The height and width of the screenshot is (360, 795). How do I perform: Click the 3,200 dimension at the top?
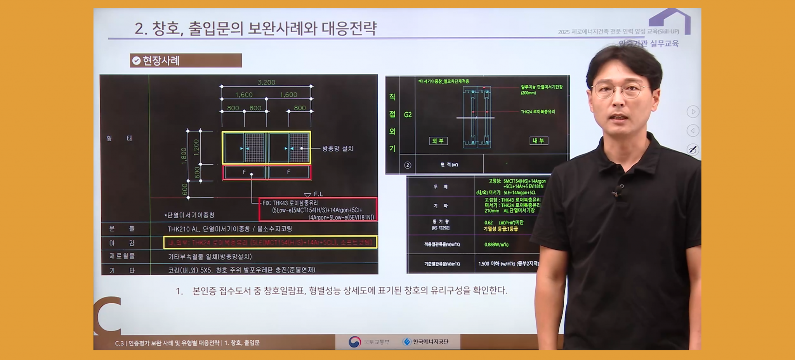click(x=266, y=82)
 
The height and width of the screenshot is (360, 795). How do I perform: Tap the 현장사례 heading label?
click(x=161, y=61)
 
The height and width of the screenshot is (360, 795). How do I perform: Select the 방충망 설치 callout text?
click(x=337, y=148)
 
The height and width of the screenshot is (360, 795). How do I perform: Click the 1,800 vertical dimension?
click(x=184, y=156)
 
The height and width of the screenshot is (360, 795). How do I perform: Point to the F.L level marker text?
click(x=318, y=194)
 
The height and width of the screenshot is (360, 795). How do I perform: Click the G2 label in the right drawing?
click(x=408, y=115)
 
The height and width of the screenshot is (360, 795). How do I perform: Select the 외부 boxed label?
click(x=438, y=141)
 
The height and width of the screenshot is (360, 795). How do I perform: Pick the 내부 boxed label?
click(x=539, y=141)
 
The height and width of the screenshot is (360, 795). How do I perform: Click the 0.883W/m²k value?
click(x=496, y=245)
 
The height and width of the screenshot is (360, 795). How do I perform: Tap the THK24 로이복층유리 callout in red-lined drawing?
click(x=538, y=112)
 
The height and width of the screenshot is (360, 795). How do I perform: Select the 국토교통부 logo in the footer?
click(x=369, y=342)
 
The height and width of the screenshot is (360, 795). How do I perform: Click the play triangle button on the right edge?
click(x=693, y=112)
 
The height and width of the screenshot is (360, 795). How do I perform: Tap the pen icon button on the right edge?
click(x=693, y=150)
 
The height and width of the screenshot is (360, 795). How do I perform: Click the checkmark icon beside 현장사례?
click(x=136, y=61)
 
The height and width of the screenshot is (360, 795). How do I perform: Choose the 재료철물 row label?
click(x=122, y=256)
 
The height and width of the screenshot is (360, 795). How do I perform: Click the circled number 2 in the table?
click(x=408, y=165)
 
